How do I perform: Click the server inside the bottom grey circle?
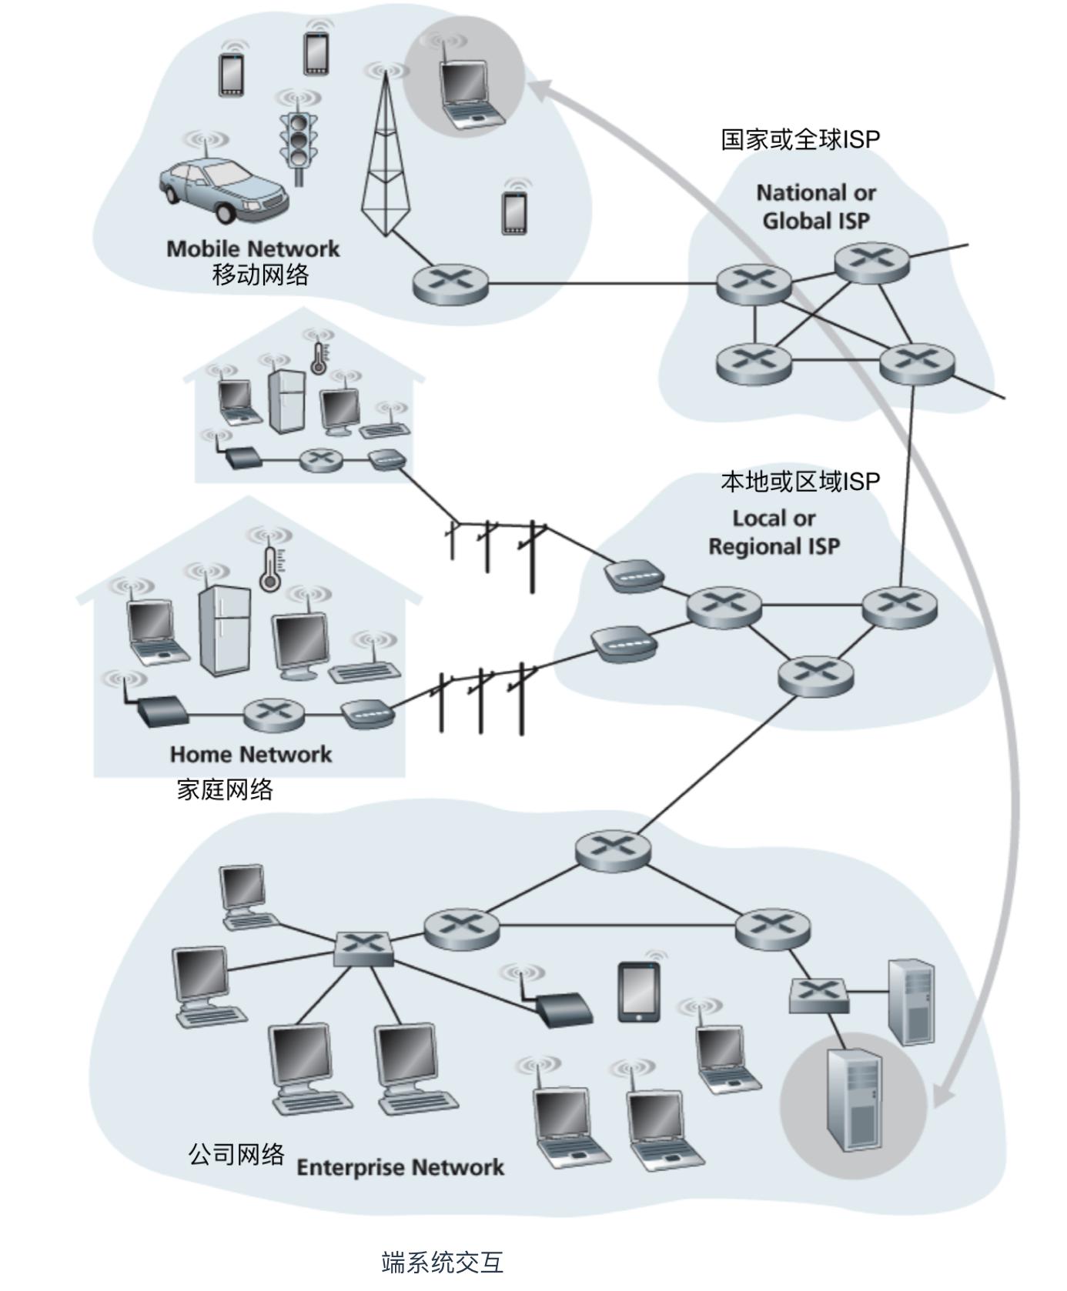coord(854,1099)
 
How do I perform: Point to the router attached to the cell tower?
coord(450,284)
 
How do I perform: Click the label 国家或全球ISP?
coord(800,139)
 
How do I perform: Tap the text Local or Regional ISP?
coord(774,532)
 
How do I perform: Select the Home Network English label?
coord(251,754)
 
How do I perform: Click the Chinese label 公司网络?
coord(236,1154)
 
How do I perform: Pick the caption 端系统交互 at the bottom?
coord(442,1262)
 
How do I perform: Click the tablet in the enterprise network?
coord(639,992)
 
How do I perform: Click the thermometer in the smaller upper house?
coord(318,358)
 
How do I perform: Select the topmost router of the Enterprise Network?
coord(613,849)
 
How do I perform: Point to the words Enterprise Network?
coord(400,1167)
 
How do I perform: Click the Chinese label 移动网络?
coord(260,274)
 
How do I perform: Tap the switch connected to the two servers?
coord(818,996)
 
